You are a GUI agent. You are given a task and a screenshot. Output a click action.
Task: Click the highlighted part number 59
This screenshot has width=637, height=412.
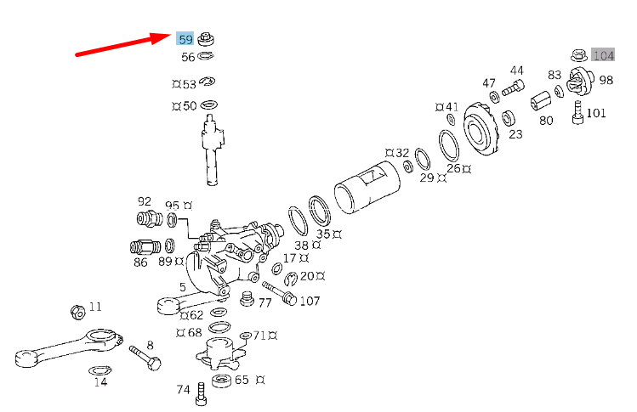[185, 39]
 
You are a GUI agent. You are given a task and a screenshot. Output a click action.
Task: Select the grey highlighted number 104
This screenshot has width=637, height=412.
[603, 56]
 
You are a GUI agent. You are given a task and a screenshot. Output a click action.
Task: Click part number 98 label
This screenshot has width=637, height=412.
[606, 80]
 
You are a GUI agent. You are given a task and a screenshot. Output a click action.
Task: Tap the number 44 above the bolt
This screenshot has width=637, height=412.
[517, 71]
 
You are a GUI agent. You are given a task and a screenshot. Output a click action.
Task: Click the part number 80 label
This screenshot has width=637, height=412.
[546, 121]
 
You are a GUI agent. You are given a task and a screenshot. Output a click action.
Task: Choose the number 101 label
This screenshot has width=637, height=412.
[596, 112]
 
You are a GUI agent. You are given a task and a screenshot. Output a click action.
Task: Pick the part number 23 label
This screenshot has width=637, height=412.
[515, 133]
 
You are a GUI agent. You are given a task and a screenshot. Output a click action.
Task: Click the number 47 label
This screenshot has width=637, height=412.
[489, 83]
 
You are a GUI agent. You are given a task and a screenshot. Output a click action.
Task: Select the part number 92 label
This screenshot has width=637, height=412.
[145, 201]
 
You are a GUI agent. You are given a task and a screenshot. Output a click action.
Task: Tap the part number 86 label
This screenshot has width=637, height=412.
[140, 262]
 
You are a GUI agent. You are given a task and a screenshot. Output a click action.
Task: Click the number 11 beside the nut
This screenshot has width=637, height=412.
[95, 306]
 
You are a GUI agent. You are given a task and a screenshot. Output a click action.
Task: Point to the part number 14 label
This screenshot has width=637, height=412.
[100, 382]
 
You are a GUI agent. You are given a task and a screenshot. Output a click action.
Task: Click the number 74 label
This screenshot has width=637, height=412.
[183, 390]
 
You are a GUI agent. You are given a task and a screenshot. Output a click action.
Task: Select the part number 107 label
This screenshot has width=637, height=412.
[310, 301]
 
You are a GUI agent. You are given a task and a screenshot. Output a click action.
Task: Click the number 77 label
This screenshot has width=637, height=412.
[264, 302]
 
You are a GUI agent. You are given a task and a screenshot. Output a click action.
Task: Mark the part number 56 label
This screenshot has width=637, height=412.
[188, 57]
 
